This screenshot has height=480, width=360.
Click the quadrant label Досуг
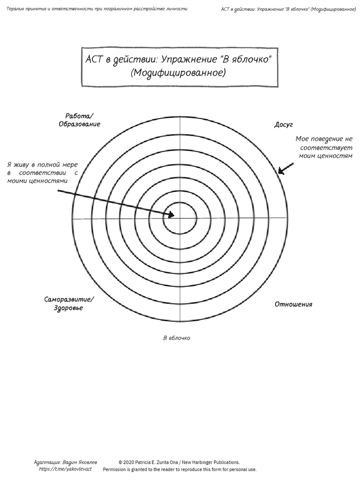pos(284,125)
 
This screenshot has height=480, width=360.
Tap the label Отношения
pos(293,304)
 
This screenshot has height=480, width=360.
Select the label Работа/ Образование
pos(80,120)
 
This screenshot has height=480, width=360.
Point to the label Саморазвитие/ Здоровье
pos(69,303)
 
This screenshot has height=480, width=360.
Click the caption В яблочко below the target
pos(176,338)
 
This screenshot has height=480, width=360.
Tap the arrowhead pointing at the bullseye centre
pos(171,215)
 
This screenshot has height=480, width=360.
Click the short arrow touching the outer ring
pos(286,169)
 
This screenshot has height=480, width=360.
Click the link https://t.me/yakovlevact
pos(65,469)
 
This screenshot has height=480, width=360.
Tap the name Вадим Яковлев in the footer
pos(80,462)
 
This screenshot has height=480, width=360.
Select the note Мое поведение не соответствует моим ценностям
pos(324,147)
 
